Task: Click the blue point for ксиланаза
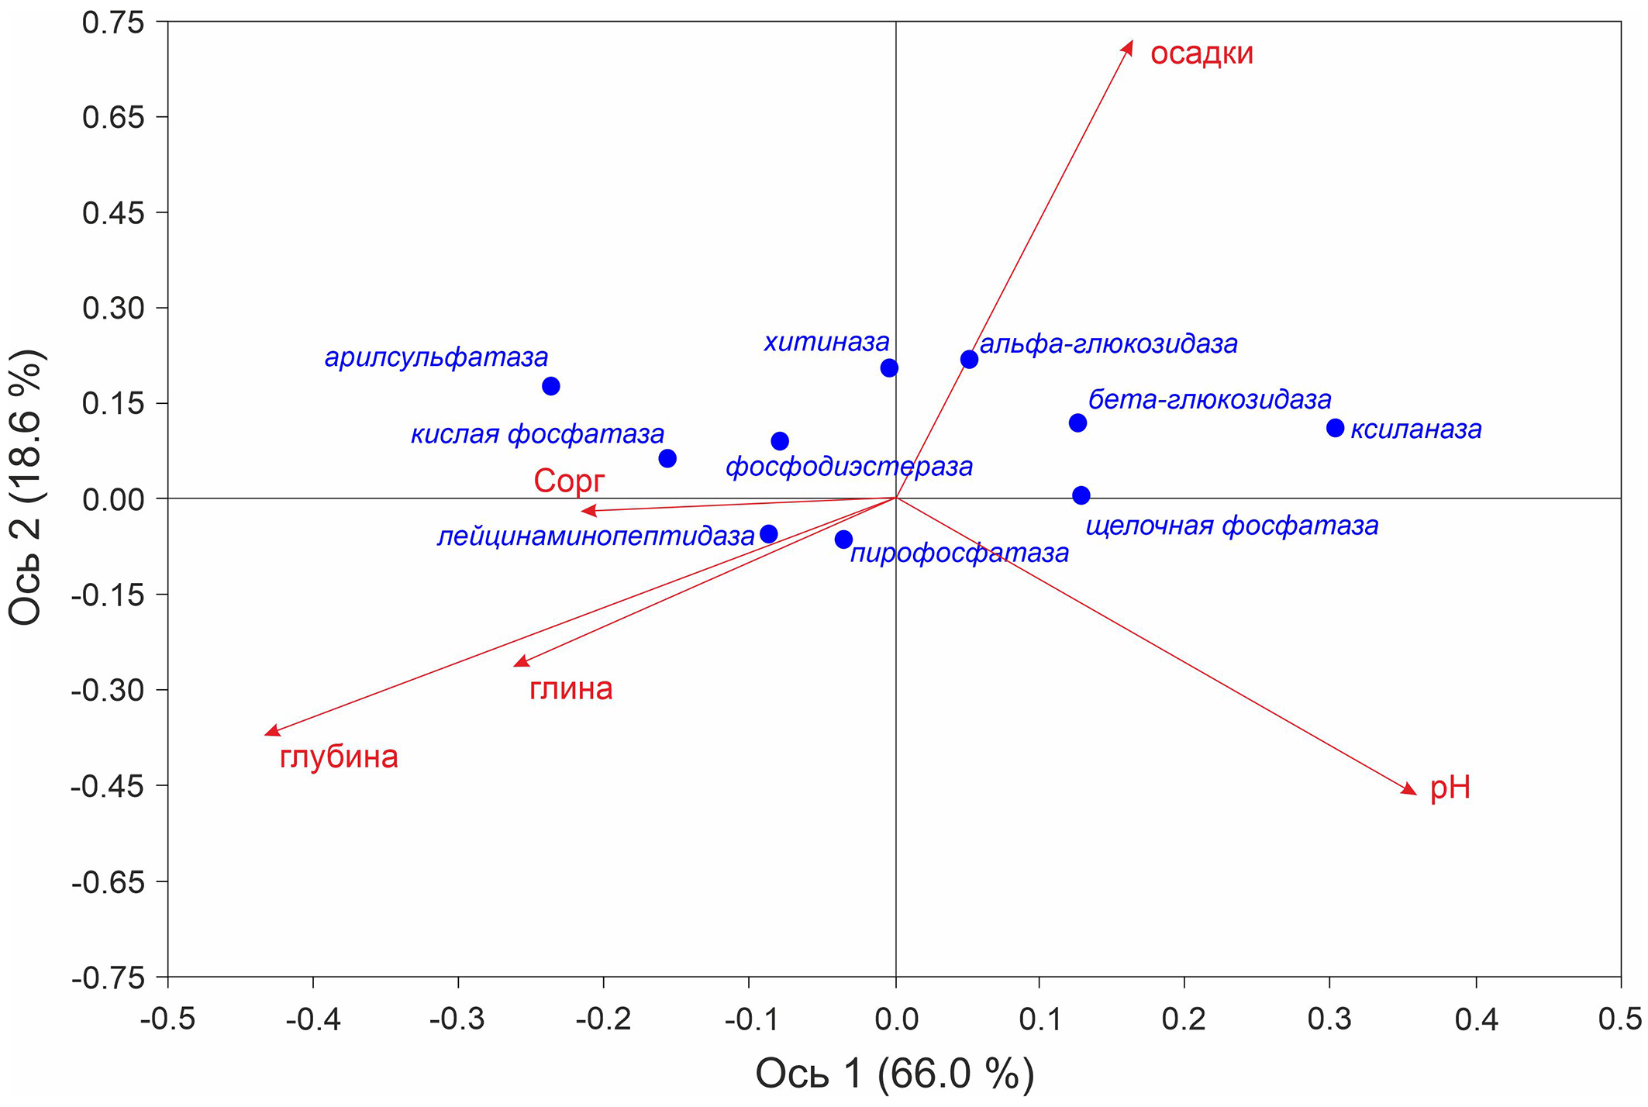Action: pyautogui.click(x=1335, y=428)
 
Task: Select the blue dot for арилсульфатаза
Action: pyautogui.click(x=551, y=386)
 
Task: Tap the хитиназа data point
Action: pyautogui.click(x=889, y=367)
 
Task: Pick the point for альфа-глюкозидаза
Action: pyautogui.click(x=969, y=359)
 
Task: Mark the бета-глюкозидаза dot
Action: pyautogui.click(x=1077, y=422)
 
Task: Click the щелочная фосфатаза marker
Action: pyautogui.click(x=1081, y=495)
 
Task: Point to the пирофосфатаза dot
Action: pyautogui.click(x=844, y=540)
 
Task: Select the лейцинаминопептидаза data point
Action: pyautogui.click(x=769, y=533)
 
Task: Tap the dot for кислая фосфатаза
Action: pyautogui.click(x=667, y=458)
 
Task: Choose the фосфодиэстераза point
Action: pyautogui.click(x=780, y=441)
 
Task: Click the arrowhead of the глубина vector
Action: pyautogui.click(x=271, y=732)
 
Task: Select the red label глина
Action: pyautogui.click(x=571, y=688)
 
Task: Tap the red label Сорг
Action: pyautogui.click(x=568, y=481)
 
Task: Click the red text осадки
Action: pyautogui.click(x=1202, y=53)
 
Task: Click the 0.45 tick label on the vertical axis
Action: pyautogui.click(x=113, y=212)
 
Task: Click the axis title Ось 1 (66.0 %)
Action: pyautogui.click(x=895, y=1074)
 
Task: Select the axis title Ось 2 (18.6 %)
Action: pyautogui.click(x=26, y=488)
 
